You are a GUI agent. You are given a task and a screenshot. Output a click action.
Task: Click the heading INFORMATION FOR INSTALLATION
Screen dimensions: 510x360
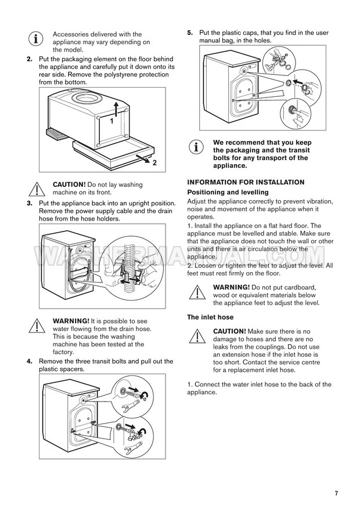pos(246,182)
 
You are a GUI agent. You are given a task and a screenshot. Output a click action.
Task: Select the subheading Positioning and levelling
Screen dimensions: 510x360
pos(228,192)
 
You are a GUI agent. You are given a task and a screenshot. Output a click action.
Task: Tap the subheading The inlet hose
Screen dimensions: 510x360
pos(210,317)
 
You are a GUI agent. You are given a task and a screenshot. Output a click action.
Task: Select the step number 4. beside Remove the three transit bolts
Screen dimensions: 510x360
pos(30,361)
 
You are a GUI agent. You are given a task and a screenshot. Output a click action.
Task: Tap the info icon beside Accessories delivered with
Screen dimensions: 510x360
pos(35,39)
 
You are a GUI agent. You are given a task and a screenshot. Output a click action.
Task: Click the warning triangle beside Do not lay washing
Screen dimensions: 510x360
pos(36,188)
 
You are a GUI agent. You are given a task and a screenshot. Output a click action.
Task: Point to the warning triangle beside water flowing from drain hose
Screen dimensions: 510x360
pos(36,325)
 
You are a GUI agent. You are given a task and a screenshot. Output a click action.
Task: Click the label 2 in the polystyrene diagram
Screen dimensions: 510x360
pos(154,163)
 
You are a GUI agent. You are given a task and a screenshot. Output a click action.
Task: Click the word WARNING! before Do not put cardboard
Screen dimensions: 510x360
pos(232,287)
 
